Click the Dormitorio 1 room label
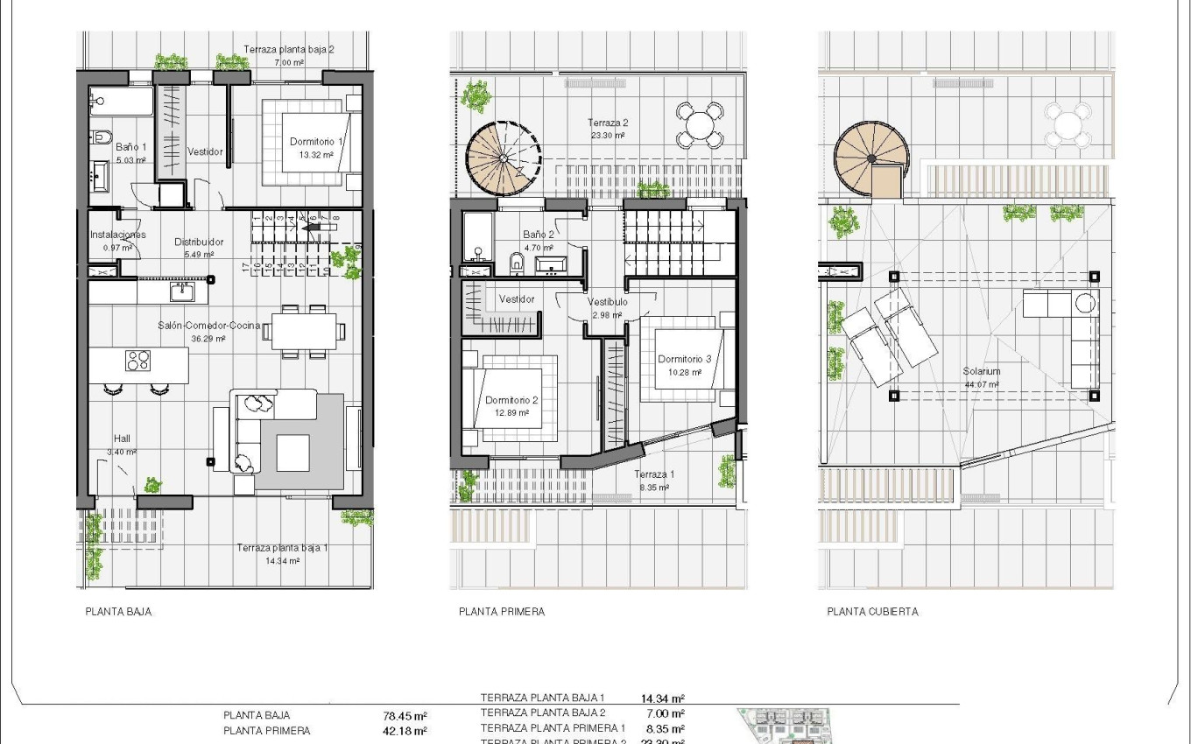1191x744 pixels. (x=317, y=141)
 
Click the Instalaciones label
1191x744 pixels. (x=117, y=235)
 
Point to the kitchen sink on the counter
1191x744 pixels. (x=181, y=291)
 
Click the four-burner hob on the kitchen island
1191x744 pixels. (x=138, y=361)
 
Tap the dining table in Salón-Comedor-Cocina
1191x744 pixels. (x=305, y=331)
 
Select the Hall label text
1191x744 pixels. (x=122, y=439)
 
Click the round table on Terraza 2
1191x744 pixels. (x=699, y=125)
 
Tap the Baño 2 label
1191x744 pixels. (x=538, y=235)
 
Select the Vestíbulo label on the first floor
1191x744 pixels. (x=606, y=303)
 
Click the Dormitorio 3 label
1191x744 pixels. (x=684, y=359)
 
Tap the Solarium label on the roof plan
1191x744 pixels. (x=982, y=371)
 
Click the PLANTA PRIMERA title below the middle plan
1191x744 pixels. (x=502, y=612)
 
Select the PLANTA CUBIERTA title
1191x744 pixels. (x=872, y=612)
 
